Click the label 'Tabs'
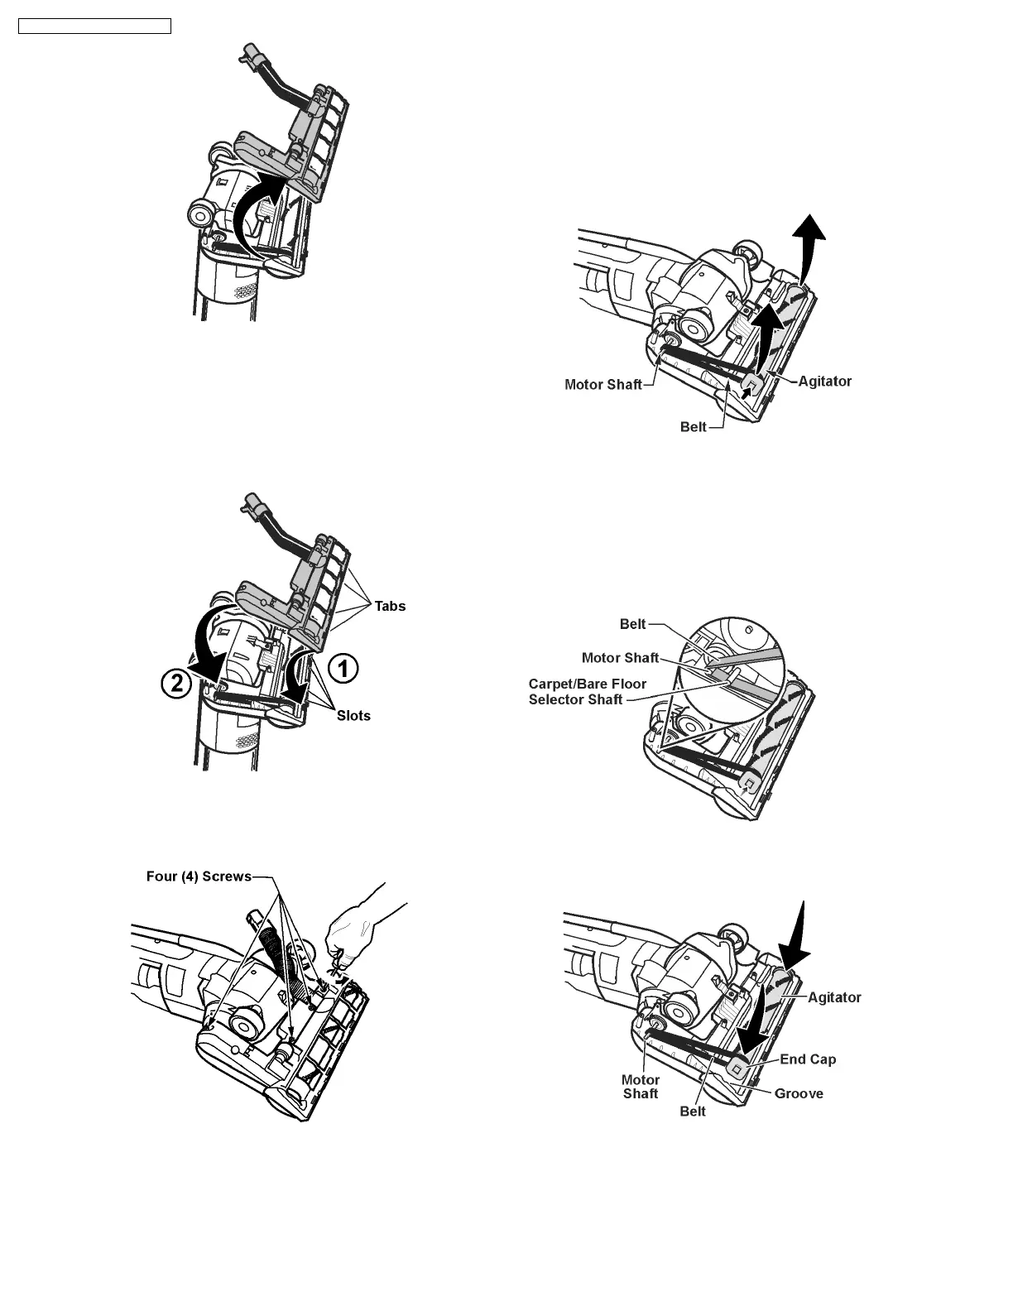point(390,606)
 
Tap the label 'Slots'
point(353,715)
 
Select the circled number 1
point(343,668)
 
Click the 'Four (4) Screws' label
point(199,876)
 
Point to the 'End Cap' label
point(808,1059)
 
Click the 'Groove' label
point(799,1093)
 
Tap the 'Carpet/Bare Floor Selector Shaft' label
point(587,692)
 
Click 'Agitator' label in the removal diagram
point(824,381)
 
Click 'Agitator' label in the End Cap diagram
point(834,997)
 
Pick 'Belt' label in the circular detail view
point(632,624)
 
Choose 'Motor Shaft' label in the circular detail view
point(620,658)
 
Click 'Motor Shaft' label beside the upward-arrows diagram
point(603,384)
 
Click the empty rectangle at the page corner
point(94,26)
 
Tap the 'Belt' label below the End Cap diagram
point(693,1111)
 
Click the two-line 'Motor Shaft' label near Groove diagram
point(641,1087)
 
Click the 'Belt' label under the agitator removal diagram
point(694,427)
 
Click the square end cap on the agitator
point(735,1068)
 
